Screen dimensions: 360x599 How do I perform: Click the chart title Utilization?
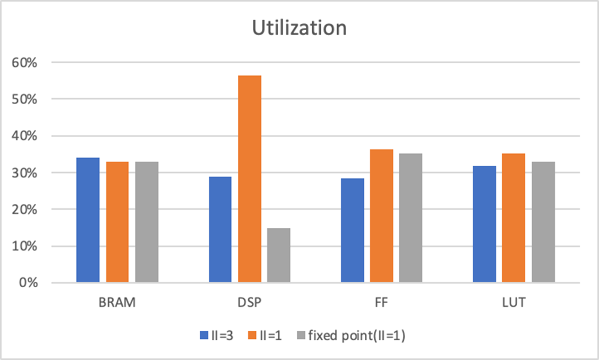tap(299, 28)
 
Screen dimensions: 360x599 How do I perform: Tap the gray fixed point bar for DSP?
tap(279, 255)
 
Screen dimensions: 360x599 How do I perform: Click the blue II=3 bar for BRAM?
tap(88, 220)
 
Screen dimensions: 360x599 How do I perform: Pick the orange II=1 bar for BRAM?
tap(117, 222)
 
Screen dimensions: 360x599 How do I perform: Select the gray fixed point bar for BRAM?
tap(147, 222)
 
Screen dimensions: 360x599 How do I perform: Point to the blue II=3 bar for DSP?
tap(220, 229)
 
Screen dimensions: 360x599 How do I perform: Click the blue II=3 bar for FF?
tap(353, 230)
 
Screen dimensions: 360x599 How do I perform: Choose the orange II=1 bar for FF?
tap(382, 216)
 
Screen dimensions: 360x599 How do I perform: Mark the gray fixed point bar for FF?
tap(411, 218)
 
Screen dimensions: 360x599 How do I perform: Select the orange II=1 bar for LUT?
tap(514, 218)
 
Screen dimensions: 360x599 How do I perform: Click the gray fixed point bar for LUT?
tap(543, 222)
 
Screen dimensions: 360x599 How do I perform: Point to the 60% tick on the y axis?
tap(25, 62)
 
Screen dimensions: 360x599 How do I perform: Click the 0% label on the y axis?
tap(29, 283)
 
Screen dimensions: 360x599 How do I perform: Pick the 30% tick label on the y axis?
tap(25, 173)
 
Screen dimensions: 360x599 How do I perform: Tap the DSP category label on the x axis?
tap(250, 303)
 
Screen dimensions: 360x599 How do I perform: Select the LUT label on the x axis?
tap(514, 303)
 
